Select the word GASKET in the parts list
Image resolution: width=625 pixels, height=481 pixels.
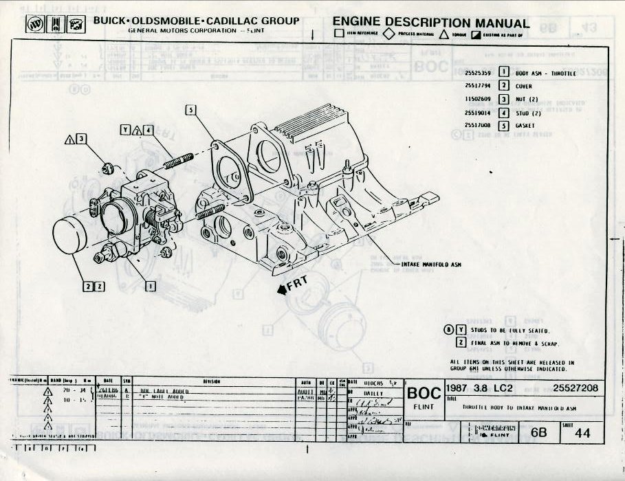(x=525, y=126)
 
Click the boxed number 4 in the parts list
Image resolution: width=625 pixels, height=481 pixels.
(x=504, y=113)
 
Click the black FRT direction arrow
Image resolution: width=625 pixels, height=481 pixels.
(x=283, y=290)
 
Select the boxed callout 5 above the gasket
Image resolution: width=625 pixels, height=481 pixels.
(x=190, y=110)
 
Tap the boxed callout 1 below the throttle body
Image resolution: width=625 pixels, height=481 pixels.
(x=150, y=286)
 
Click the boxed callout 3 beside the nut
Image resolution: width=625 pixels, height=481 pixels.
(x=82, y=139)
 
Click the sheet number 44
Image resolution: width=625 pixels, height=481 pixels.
(x=583, y=434)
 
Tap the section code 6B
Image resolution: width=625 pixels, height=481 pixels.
(x=536, y=433)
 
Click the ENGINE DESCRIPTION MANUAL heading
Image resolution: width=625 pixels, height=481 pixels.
(x=431, y=23)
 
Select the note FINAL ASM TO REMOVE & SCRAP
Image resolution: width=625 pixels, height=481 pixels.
(x=514, y=343)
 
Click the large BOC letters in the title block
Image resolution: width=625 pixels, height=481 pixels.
(x=424, y=394)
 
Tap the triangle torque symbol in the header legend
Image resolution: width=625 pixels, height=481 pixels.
(x=444, y=34)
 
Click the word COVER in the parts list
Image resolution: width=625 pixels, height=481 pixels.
(x=524, y=86)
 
